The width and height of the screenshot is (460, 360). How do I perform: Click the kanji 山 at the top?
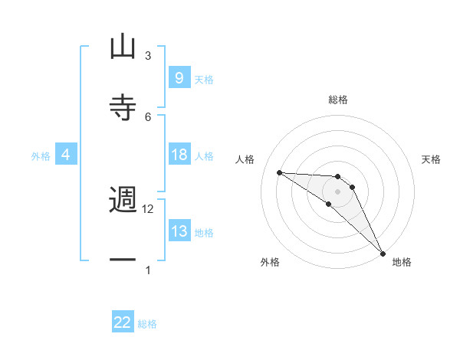(x=123, y=47)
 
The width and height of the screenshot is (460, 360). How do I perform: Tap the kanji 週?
(x=123, y=200)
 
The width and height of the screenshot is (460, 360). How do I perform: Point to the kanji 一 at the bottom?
(x=123, y=260)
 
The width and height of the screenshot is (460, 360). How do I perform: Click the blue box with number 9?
(x=179, y=77)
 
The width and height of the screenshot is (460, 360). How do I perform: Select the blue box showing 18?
(x=179, y=155)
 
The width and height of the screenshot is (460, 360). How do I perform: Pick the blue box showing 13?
(x=179, y=231)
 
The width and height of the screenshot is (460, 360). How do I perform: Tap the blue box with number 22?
(x=123, y=322)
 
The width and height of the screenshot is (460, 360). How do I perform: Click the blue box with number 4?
(x=65, y=155)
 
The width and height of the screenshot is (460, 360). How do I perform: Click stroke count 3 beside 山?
(x=148, y=56)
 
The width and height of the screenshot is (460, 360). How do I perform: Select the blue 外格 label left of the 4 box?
(x=41, y=155)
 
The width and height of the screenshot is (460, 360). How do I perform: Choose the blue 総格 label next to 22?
(x=147, y=324)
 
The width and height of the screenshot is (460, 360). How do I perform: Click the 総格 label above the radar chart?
(x=338, y=100)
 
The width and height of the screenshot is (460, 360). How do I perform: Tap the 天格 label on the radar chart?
(x=432, y=159)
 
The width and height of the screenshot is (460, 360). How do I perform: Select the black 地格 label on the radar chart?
(x=402, y=262)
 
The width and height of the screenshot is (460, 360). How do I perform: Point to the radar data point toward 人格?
(x=279, y=172)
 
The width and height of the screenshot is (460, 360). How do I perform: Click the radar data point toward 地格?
(x=383, y=253)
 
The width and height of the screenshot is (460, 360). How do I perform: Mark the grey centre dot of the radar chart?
(x=338, y=191)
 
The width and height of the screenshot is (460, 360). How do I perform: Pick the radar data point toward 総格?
(x=338, y=177)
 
